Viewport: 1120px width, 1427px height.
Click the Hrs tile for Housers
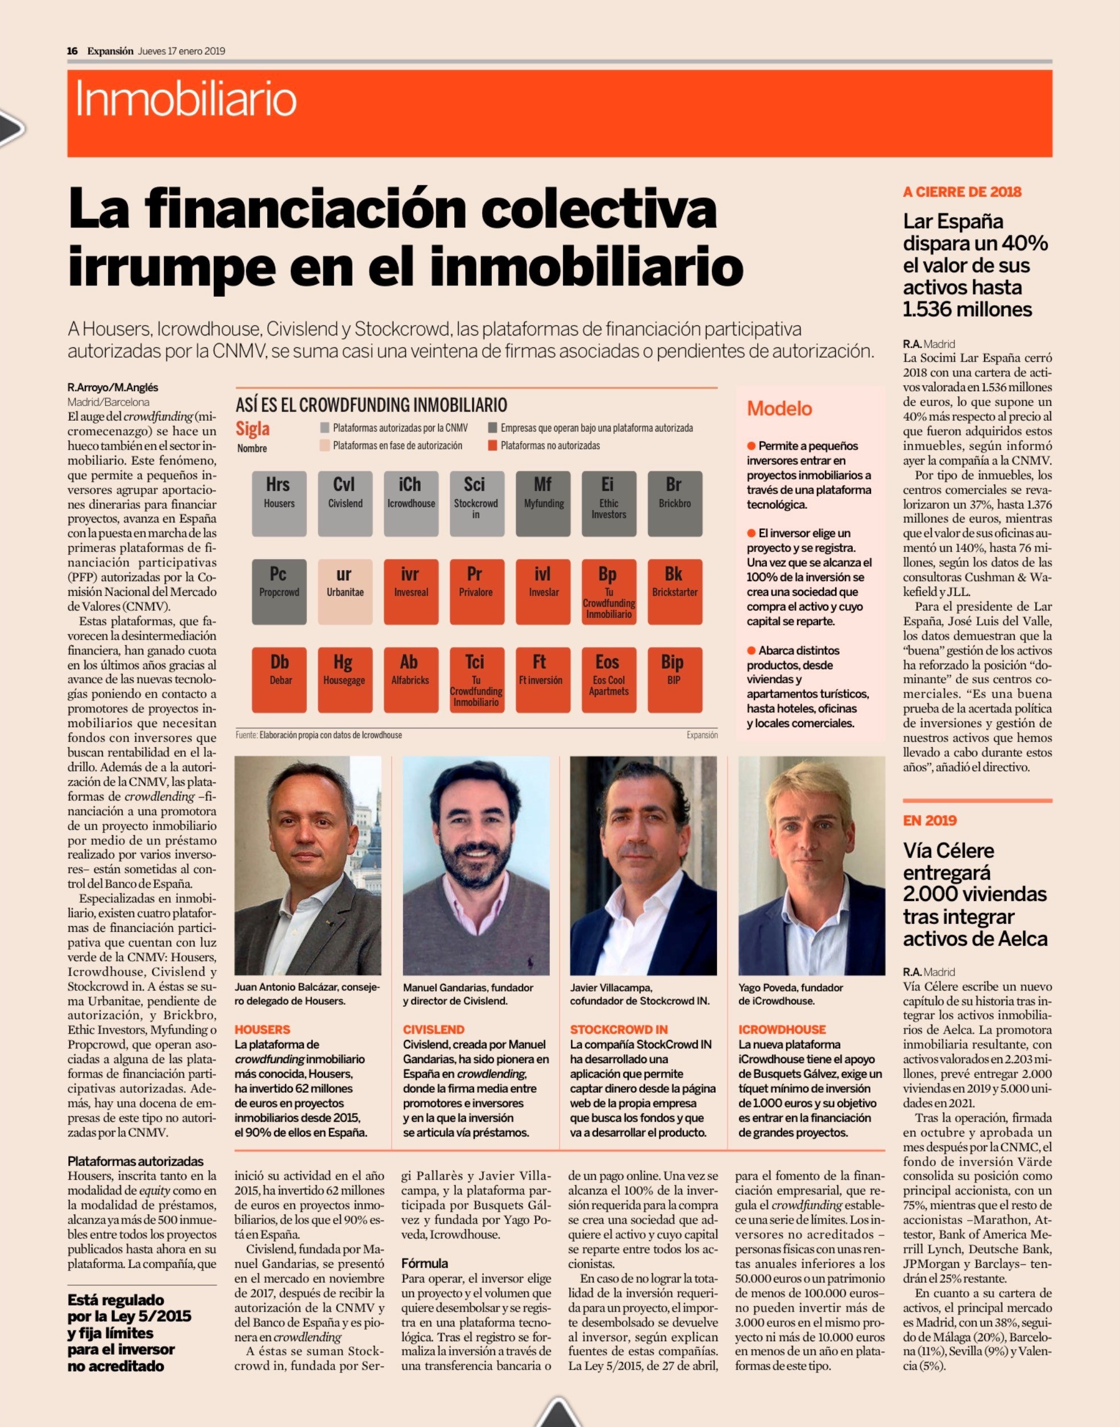279,504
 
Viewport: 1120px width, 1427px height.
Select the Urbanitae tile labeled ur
345,591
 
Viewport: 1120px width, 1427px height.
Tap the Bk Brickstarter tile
675,591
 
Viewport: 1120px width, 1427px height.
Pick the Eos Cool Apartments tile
608,680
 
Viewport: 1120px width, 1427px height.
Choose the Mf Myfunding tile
543,504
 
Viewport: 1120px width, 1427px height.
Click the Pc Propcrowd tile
279,591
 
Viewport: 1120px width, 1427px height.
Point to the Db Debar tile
279,680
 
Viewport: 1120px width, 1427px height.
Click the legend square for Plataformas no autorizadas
492,445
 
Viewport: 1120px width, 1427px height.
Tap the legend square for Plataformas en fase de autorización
325,445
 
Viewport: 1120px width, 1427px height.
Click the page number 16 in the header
72,51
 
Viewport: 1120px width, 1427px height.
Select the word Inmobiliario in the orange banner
186,99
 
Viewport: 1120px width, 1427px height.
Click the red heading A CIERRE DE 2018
962,192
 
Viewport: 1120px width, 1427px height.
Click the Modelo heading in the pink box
779,409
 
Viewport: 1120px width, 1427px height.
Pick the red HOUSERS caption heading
262,1030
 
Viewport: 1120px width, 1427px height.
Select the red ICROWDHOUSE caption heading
782,1030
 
